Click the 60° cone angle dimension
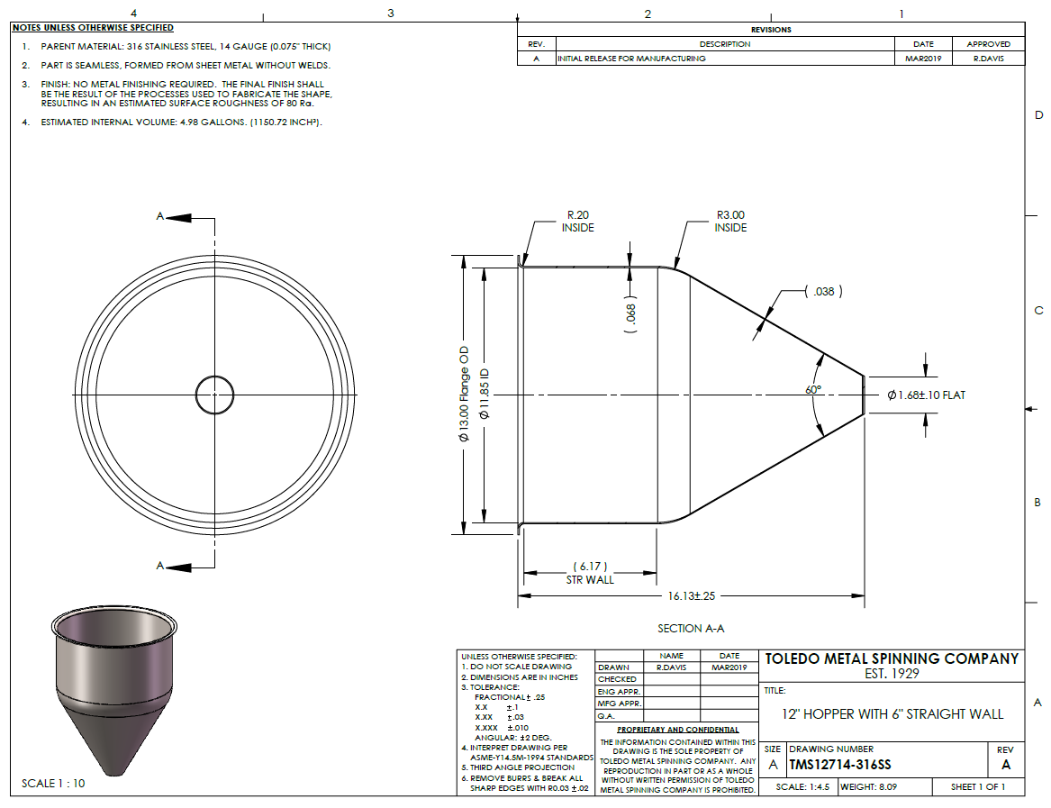point(813,389)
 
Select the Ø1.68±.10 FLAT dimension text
point(927,395)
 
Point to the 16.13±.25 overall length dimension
point(691,595)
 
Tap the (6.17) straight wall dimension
point(590,567)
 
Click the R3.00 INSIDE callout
point(730,222)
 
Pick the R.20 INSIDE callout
point(578,222)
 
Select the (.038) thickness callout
point(824,292)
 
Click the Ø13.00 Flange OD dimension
point(464,395)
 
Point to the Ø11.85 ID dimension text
point(485,395)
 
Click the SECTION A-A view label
point(691,629)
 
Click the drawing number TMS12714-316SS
point(840,765)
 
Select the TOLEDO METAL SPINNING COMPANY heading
point(892,658)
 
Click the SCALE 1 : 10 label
point(53,783)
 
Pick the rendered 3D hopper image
point(114,691)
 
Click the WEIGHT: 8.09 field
point(869,786)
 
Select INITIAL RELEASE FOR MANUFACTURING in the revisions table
point(631,59)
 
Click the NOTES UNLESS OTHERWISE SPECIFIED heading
point(93,28)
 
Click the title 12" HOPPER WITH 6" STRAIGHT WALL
point(892,714)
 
